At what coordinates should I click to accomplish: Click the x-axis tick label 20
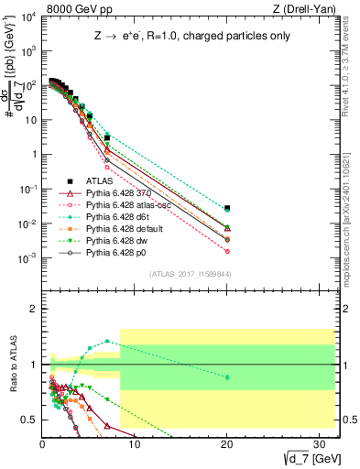[226, 444]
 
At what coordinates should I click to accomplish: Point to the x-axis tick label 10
[135, 444]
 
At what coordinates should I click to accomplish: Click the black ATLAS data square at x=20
[227, 208]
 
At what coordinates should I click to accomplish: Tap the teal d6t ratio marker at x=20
[227, 376]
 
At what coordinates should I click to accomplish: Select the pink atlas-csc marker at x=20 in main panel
[227, 251]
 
